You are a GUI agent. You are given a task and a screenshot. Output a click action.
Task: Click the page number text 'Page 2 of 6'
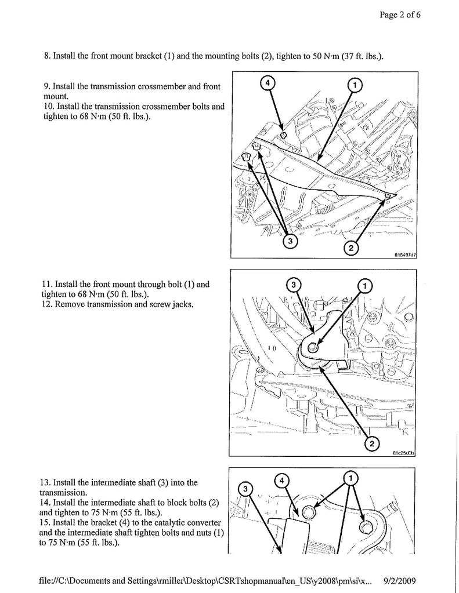click(400, 15)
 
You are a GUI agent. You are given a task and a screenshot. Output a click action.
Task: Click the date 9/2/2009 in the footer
click(400, 580)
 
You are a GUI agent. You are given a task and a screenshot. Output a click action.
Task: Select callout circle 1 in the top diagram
click(353, 85)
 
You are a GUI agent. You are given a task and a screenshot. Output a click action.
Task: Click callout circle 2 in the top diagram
click(351, 248)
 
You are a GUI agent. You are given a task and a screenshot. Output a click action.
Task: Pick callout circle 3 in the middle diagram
click(294, 285)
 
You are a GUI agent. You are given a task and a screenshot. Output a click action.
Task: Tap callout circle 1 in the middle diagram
click(365, 285)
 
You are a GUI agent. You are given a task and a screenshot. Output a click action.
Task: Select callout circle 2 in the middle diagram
click(370, 445)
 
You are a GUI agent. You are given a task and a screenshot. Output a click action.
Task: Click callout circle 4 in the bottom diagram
click(281, 481)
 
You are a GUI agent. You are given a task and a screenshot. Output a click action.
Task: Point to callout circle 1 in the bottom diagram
click(352, 478)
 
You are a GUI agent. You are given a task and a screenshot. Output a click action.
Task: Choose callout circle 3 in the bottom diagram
click(246, 490)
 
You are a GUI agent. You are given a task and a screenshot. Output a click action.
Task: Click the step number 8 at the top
click(46, 56)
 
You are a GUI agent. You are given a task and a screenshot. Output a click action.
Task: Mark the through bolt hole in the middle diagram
click(313, 347)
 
